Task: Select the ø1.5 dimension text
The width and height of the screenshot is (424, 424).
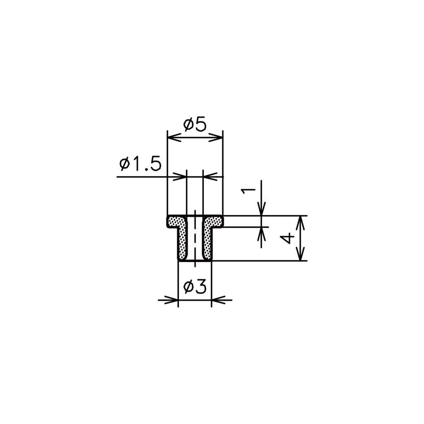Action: (140, 164)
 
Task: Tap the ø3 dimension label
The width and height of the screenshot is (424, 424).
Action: (195, 287)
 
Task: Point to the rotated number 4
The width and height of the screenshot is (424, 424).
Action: (287, 238)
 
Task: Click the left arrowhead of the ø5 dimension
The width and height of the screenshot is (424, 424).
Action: (174, 137)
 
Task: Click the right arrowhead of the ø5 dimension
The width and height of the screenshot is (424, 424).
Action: (216, 137)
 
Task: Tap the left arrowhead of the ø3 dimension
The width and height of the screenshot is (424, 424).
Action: (171, 300)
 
